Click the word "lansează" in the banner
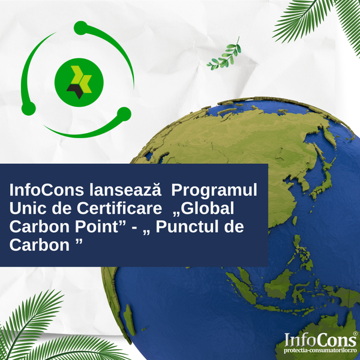[x=125, y=190]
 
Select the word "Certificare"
[x=119, y=208]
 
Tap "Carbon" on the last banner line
[x=39, y=245]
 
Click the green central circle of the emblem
[x=79, y=82]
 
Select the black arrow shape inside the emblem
[x=76, y=90]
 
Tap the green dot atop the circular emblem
[x=80, y=28]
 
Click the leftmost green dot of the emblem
[x=28, y=109]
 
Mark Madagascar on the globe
[x=129, y=320]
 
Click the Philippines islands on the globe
[x=301, y=253]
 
